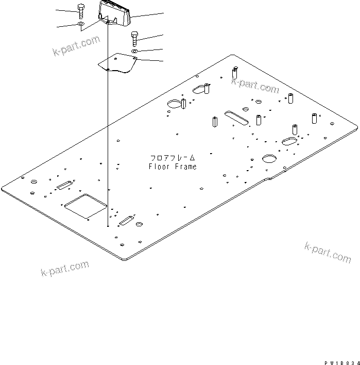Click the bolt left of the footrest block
tap(81, 11)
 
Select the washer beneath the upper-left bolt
tap(81, 24)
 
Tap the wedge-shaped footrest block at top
tap(115, 13)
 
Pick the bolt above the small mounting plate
tap(134, 39)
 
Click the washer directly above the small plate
tap(134, 51)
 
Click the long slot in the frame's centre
tap(236, 117)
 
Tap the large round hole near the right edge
tap(270, 158)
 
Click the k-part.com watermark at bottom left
tap(65, 269)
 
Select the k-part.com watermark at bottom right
tap(328, 252)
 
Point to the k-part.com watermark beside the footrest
tap(76, 46)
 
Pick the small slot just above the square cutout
tap(65, 185)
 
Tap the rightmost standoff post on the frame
tap(314, 118)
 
